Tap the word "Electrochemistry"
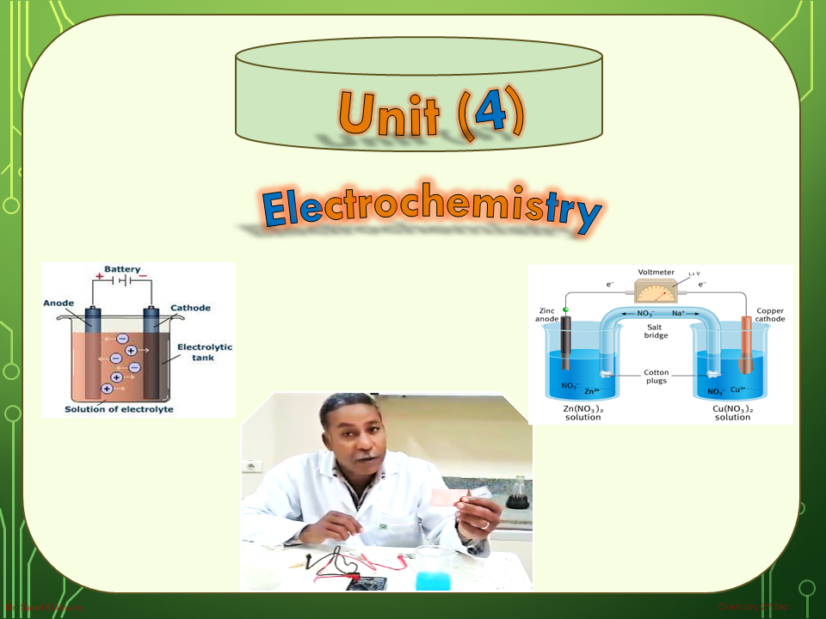point(431,211)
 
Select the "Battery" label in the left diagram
point(122,269)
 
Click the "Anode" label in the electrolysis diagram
point(59,303)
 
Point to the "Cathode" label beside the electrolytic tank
point(190,307)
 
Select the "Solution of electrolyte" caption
point(119,409)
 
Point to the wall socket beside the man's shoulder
point(253,466)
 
